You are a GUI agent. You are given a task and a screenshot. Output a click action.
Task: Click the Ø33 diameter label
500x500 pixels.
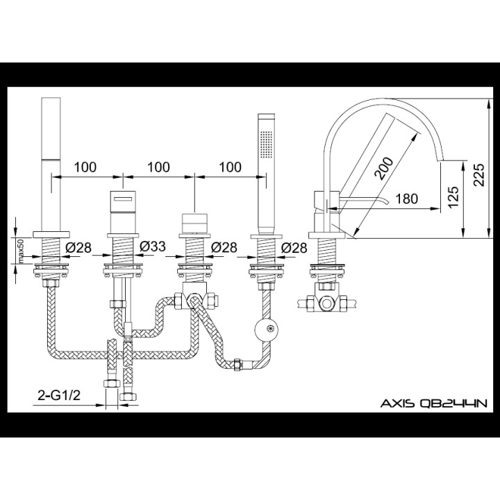click(151, 246)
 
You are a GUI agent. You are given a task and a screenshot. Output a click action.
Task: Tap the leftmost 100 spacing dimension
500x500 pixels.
click(84, 167)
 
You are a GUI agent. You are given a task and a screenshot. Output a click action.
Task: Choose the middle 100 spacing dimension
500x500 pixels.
click(158, 167)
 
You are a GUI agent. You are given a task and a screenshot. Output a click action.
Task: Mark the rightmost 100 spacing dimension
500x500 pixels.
click(229, 167)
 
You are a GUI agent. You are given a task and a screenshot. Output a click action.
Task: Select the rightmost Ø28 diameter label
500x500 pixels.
click(294, 246)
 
